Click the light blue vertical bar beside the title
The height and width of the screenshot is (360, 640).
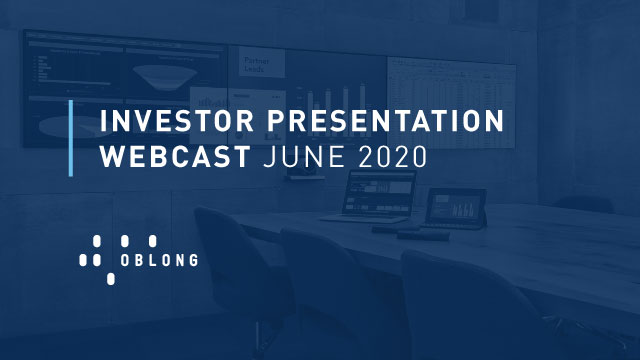tap(70, 138)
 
